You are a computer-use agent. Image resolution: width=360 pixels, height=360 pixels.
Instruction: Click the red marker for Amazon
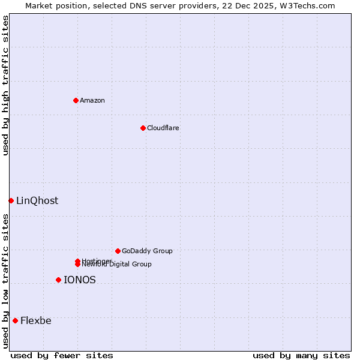click(x=76, y=100)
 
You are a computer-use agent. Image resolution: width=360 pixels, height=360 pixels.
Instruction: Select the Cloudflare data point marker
click(x=143, y=128)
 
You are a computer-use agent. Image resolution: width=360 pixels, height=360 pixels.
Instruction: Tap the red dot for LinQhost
click(x=11, y=200)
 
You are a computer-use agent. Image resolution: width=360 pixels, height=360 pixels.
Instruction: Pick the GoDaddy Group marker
click(x=118, y=251)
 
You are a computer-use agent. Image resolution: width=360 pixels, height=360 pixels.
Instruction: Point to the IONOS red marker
click(x=58, y=280)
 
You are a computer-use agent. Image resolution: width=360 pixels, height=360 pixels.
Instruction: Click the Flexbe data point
click(x=15, y=320)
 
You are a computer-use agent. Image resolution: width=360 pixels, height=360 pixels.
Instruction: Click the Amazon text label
click(x=92, y=100)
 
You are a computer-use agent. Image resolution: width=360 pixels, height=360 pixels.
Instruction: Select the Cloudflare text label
click(x=163, y=128)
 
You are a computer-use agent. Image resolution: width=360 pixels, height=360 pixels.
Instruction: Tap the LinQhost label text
click(x=37, y=201)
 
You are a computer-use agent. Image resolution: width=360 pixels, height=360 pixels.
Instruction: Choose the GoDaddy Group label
click(x=147, y=251)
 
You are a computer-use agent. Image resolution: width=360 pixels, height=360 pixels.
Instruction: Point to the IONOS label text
click(x=80, y=280)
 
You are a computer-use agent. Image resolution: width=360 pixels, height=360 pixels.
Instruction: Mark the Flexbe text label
click(x=36, y=320)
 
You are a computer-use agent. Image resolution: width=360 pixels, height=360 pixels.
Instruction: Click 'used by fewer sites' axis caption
click(x=62, y=355)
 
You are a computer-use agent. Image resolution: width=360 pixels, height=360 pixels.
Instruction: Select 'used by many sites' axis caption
click(x=301, y=355)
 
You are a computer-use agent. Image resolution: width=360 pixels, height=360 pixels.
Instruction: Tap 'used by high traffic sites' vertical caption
click(x=6, y=85)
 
